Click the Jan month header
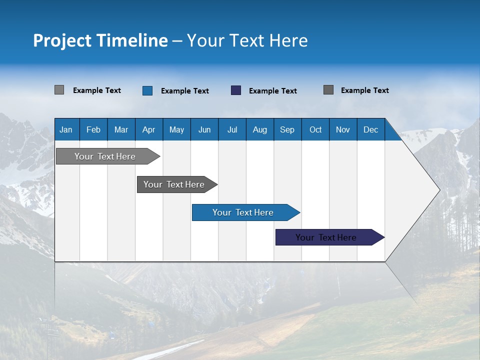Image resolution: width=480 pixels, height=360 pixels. pos(66,129)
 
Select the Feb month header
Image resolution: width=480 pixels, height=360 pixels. pos(93,129)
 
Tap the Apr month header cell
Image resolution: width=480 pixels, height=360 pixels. pos(149,129)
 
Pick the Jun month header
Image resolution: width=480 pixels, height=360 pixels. pos(204,129)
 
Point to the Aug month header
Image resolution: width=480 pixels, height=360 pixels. pos(260,129)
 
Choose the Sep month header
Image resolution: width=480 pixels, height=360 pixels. pos(287,129)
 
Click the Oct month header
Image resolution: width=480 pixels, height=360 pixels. pos(315,129)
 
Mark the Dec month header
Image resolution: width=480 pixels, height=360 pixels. pos(371,129)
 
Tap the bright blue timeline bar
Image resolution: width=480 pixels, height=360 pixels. pos(243,212)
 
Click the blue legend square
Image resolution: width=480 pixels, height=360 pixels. pos(147,90)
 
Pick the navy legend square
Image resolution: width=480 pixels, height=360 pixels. pos(236,90)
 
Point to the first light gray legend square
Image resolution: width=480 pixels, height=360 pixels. pos(59,90)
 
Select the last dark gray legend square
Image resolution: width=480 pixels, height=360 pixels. pos(328,90)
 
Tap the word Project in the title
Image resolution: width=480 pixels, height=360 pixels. pos(62,40)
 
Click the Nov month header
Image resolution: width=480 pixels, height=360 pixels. pos(343,129)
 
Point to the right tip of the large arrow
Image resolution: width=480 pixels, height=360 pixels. pos(438,190)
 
